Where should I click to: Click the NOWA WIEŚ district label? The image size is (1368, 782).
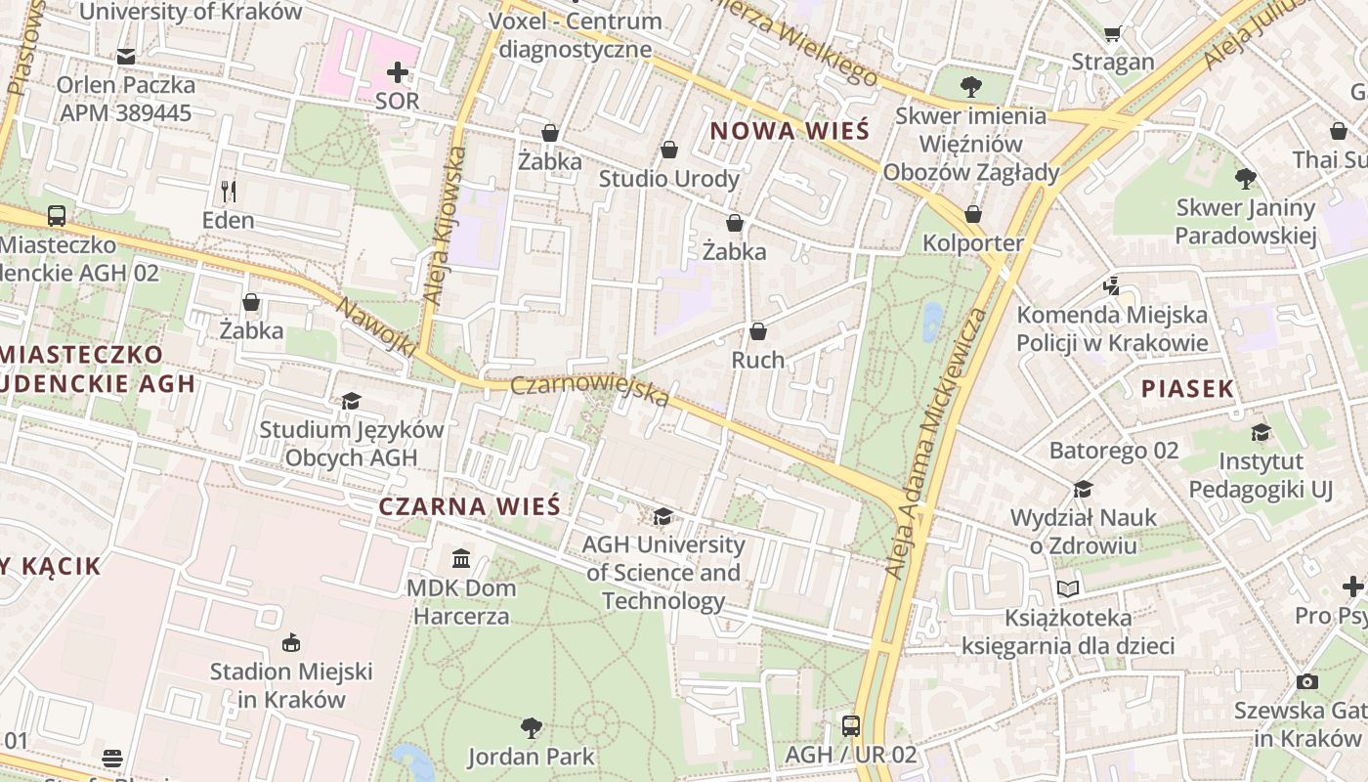pos(789,131)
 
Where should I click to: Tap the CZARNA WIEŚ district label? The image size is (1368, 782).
pos(469,506)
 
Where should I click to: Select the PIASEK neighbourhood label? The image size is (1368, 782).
pos(1187,389)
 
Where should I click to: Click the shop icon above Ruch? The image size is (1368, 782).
pos(758,331)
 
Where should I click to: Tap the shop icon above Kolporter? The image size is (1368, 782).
pos(973,214)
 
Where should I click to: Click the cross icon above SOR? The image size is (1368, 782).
pos(398,72)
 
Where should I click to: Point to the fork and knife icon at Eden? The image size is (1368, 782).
pos(228,191)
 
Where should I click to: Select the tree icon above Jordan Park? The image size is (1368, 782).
pos(531,727)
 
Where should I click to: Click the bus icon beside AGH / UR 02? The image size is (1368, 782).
pos(851,725)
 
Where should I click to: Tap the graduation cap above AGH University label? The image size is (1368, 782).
pos(663,516)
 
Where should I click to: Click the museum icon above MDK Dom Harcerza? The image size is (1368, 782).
pos(460,559)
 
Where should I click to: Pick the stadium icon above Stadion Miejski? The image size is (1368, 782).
pos(291,642)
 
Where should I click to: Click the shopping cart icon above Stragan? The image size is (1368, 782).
pos(1112,34)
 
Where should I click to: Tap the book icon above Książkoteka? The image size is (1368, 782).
pos(1068,588)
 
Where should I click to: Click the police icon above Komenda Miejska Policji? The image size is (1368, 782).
pos(1111,285)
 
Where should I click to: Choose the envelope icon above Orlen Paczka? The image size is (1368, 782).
pos(125,57)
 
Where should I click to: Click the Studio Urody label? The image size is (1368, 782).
pos(668,179)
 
